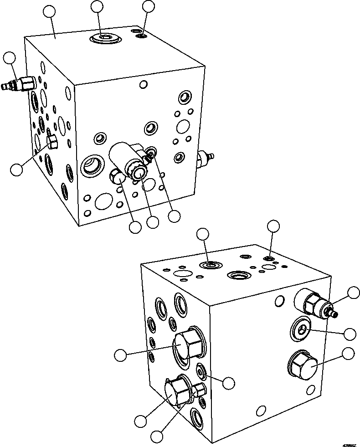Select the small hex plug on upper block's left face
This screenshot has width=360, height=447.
click(x=52, y=143)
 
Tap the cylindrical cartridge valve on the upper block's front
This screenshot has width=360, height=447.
click(x=128, y=160)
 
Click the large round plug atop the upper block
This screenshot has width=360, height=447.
click(x=106, y=39)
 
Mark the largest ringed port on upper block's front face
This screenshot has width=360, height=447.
click(x=94, y=165)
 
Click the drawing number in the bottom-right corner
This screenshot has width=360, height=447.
click(x=346, y=442)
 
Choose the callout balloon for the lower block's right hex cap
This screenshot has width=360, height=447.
click(x=349, y=353)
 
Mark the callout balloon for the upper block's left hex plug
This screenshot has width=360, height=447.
click(x=16, y=169)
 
